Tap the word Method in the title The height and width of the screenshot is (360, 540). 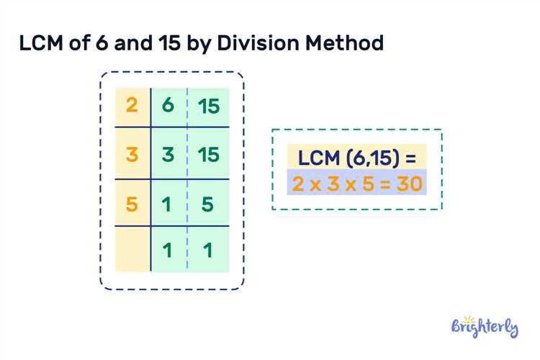(x=344, y=43)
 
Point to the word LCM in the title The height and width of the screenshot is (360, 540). (x=41, y=43)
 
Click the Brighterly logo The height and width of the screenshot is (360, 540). (x=485, y=327)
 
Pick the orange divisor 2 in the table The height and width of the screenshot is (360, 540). (x=132, y=104)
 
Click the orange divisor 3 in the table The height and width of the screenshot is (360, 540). (x=132, y=154)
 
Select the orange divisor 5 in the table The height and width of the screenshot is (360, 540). (x=132, y=204)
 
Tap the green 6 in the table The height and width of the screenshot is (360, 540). (x=168, y=104)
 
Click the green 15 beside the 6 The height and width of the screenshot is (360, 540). (x=209, y=106)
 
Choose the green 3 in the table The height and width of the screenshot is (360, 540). (x=168, y=154)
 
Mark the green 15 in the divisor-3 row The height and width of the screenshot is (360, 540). (x=209, y=154)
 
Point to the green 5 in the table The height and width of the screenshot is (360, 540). (x=207, y=204)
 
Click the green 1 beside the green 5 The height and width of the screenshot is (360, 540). (x=167, y=204)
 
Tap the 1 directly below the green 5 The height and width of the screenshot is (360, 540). (x=207, y=250)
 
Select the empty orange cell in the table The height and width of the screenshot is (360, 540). (x=132, y=249)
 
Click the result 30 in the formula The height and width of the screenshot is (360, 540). (x=410, y=184)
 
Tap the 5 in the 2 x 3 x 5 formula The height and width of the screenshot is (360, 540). (x=368, y=184)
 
